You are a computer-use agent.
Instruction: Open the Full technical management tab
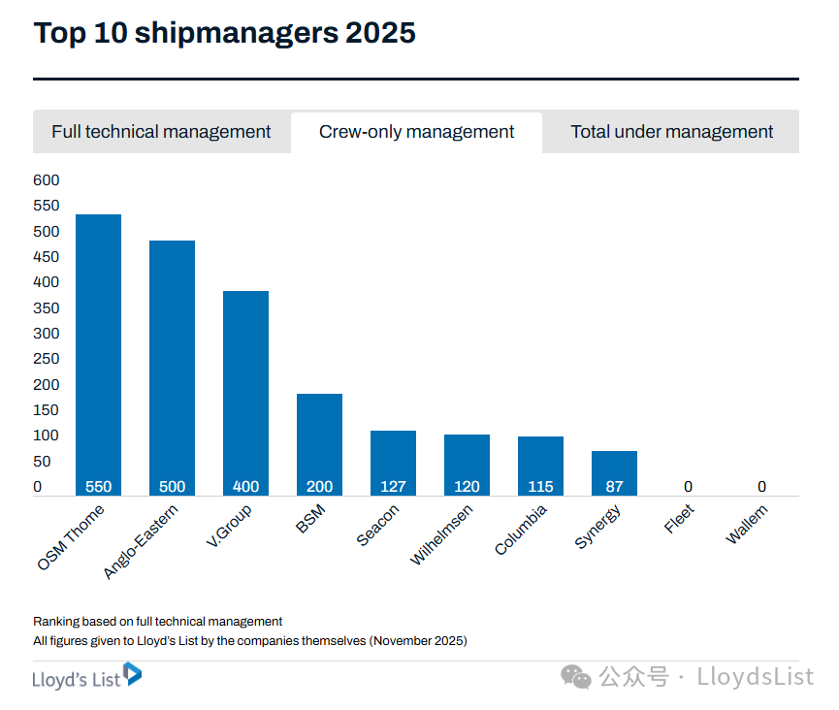click(x=161, y=132)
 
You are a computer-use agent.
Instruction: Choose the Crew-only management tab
click(x=416, y=132)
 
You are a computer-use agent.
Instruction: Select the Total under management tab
click(x=671, y=132)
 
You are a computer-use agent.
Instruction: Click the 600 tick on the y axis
click(x=46, y=180)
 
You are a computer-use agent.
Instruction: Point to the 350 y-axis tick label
click(x=46, y=308)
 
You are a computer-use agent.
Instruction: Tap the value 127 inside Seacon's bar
click(x=393, y=487)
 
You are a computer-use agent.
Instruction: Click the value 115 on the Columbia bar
click(x=540, y=487)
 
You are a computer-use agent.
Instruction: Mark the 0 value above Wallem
click(x=761, y=487)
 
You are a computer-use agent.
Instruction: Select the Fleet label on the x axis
click(x=680, y=519)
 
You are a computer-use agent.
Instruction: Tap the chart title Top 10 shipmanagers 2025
click(x=224, y=33)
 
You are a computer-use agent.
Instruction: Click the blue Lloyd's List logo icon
click(x=132, y=674)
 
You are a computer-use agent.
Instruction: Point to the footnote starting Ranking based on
click(x=157, y=621)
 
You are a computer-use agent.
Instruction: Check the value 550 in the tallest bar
click(x=98, y=487)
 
